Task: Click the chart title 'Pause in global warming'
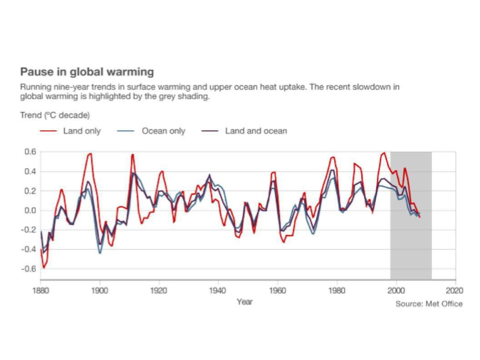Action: (x=87, y=71)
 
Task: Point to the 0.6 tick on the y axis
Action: (x=30, y=152)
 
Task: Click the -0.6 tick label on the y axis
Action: (x=28, y=269)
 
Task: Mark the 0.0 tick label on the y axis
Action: (x=30, y=211)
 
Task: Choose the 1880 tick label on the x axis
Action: (x=40, y=291)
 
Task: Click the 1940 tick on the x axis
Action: (x=218, y=291)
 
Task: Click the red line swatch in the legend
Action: (x=49, y=131)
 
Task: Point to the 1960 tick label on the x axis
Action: (x=277, y=291)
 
